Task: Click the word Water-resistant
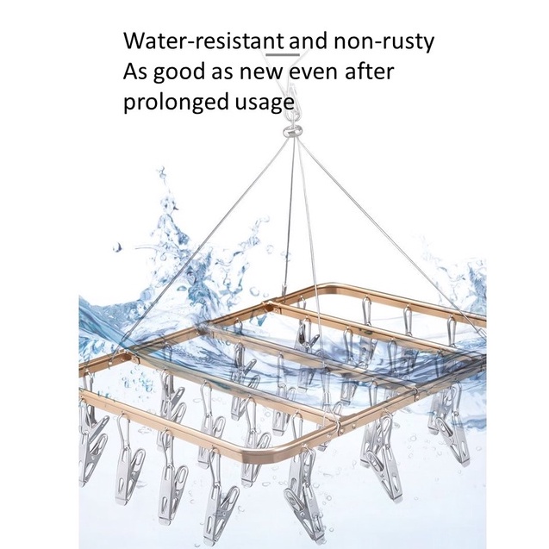click(x=203, y=41)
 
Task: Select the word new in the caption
click(x=260, y=72)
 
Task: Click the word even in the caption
click(x=314, y=72)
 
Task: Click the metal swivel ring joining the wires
click(x=291, y=132)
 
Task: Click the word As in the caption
click(x=136, y=72)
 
